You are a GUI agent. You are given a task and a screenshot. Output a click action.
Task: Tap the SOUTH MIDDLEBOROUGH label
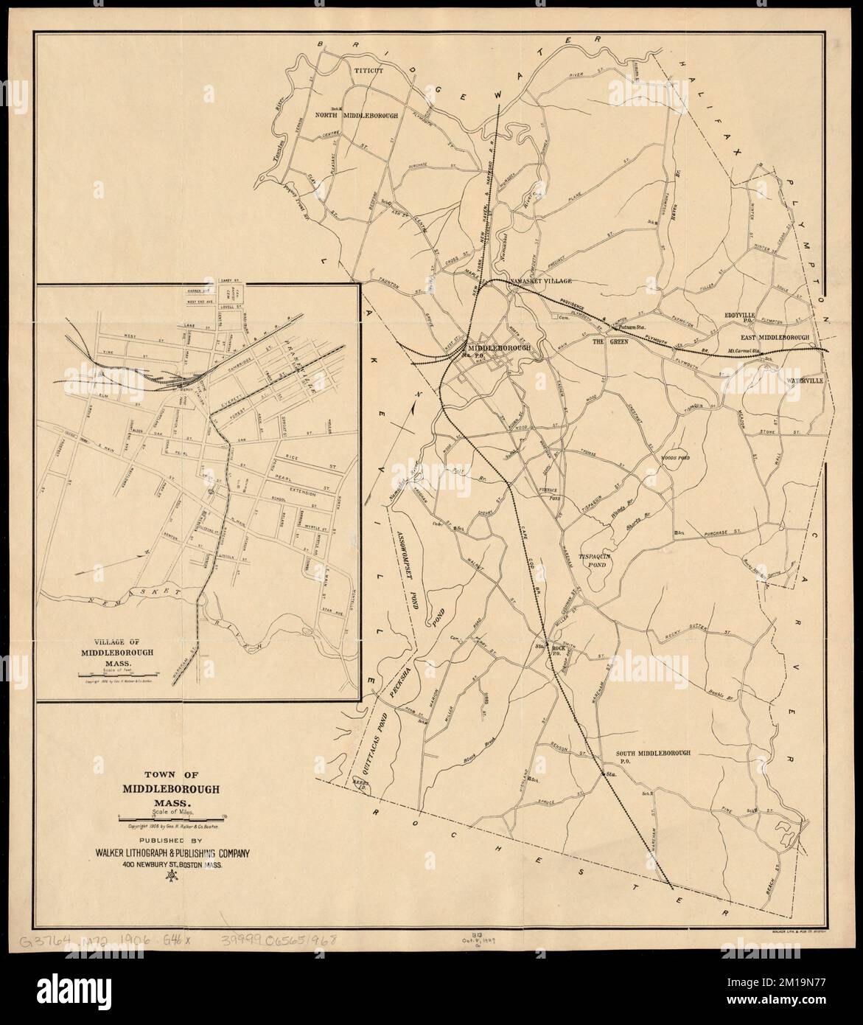tap(652, 753)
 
